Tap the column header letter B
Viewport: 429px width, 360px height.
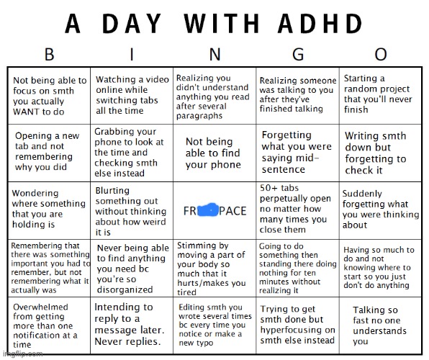coord(49,55)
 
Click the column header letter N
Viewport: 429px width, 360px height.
coord(215,55)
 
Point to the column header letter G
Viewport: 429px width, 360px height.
coord(298,55)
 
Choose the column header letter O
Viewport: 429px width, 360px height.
coord(381,55)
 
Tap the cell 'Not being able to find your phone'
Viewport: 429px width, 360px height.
coord(215,153)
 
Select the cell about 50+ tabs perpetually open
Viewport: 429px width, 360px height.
coord(297,209)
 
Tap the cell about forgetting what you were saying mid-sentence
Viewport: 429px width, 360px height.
coord(297,152)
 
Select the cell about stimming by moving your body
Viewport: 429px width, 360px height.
coord(215,268)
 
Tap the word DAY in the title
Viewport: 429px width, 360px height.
coord(141,23)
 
